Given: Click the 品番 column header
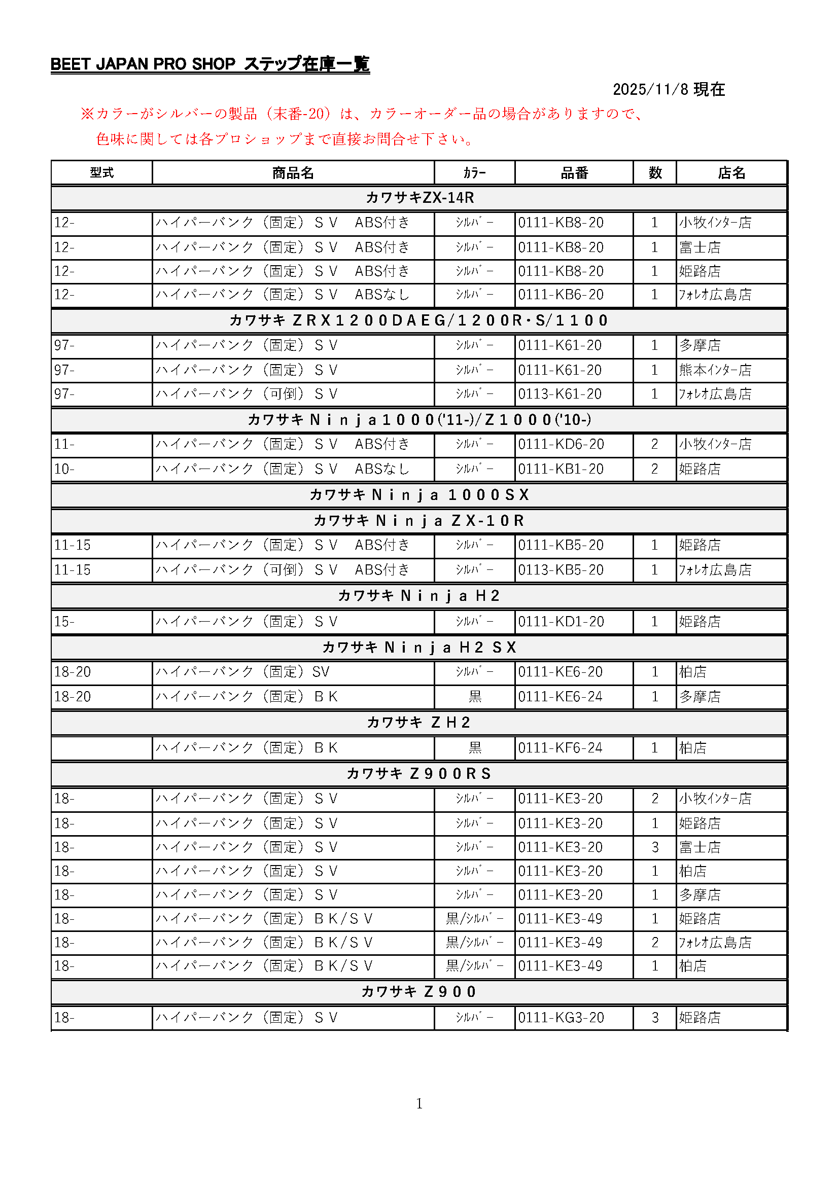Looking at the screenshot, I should (x=574, y=173).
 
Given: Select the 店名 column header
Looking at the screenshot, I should (x=731, y=173).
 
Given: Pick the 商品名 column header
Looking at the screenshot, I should (x=293, y=173).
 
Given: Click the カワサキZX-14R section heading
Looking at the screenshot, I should (x=419, y=198).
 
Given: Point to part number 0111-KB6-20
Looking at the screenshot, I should (x=561, y=295).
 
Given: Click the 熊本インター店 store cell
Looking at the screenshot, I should (x=715, y=370).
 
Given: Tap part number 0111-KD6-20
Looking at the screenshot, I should (x=561, y=444).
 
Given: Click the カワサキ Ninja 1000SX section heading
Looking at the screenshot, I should (x=419, y=495).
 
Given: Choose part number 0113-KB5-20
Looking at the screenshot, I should (x=561, y=570).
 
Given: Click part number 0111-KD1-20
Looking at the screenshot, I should (x=561, y=622).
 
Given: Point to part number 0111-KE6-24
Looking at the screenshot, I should (x=560, y=697).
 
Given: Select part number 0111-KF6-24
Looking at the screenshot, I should (x=560, y=748).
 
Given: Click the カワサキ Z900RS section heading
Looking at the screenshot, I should (x=419, y=773).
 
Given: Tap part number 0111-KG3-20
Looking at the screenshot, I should (x=561, y=1018).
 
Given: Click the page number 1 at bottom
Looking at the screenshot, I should (x=419, y=1104).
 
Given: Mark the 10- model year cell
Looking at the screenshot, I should (x=64, y=469).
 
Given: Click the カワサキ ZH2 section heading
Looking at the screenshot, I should (x=419, y=722).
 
